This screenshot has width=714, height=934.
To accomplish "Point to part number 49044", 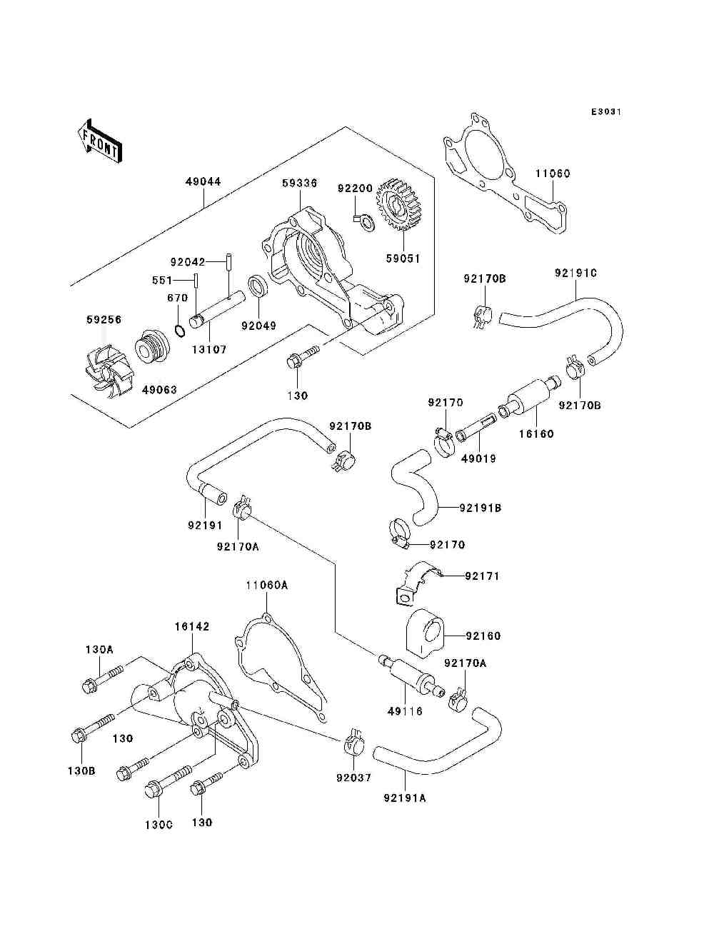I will (203, 181).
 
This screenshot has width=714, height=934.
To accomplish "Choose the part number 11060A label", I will (266, 585).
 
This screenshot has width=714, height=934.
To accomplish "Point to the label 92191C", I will (575, 273).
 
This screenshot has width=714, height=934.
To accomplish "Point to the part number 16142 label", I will (192, 626).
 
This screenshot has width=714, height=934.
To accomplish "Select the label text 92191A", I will (405, 798).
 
